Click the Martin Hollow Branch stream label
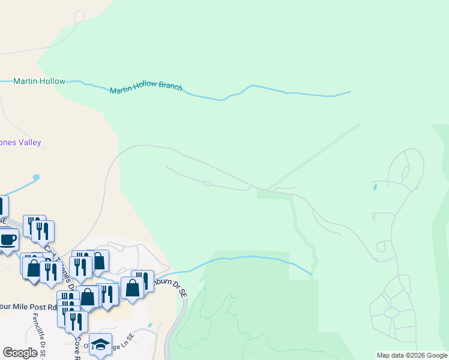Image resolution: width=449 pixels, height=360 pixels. tap(146, 88)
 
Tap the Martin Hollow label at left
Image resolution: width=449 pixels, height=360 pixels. tap(40, 81)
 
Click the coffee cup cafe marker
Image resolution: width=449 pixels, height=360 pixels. tap(7, 240)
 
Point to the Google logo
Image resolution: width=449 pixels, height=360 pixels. tap(20, 353)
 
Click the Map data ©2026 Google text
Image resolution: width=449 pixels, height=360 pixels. tap(411, 355)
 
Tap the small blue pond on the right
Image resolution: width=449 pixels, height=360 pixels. tap(375, 188)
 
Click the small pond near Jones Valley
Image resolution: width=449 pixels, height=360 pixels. tap(37, 178)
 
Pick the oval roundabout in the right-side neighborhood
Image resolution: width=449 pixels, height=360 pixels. tap(391, 313)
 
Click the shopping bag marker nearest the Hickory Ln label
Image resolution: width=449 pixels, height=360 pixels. tap(98, 261)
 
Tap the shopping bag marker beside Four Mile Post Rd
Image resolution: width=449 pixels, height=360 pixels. tap(88, 296)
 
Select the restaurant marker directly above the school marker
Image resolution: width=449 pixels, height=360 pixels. tap(76, 321)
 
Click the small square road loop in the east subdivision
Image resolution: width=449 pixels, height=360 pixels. tap(381, 247)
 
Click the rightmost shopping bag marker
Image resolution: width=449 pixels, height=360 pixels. tap(132, 287)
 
